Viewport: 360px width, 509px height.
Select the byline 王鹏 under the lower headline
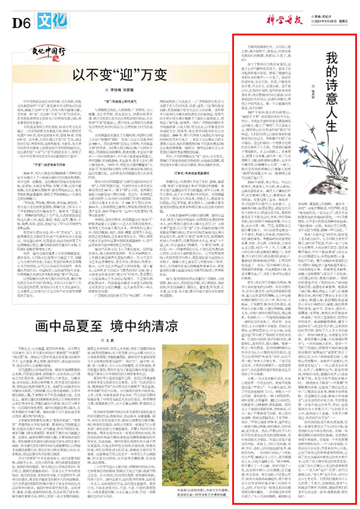[x=120, y=340]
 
